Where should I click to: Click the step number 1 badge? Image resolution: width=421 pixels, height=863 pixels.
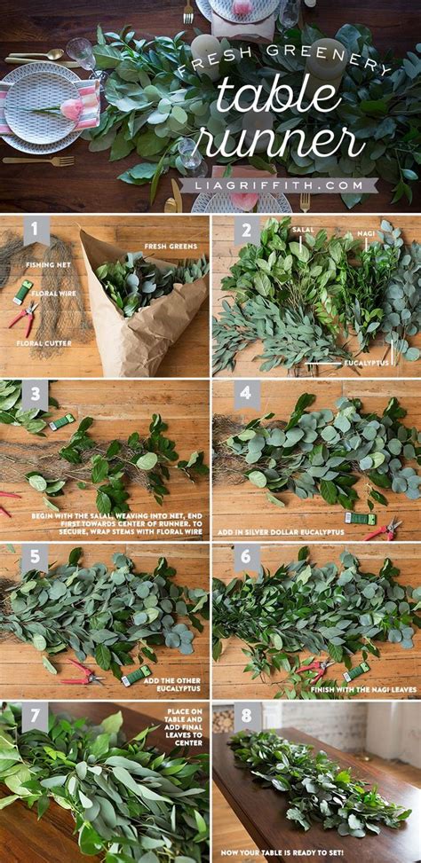[36, 232]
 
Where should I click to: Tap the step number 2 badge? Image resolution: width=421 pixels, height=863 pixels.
[246, 232]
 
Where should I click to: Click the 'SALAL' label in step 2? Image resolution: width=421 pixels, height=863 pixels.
[303, 229]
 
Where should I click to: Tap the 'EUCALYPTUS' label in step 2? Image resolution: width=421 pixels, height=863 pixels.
[365, 362]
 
